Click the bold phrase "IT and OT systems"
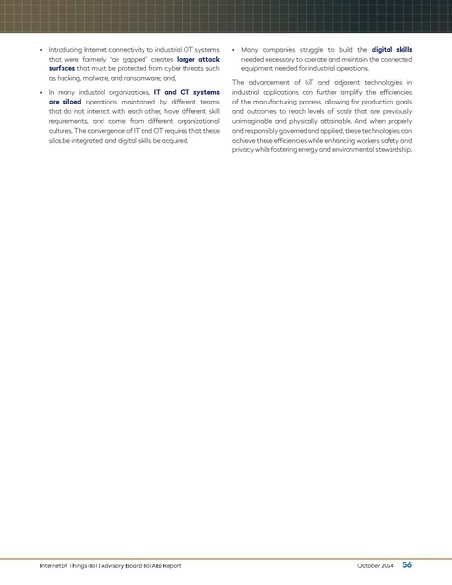[186, 91]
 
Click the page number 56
[407, 564]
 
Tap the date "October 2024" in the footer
[375, 565]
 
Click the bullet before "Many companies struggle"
[234, 49]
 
